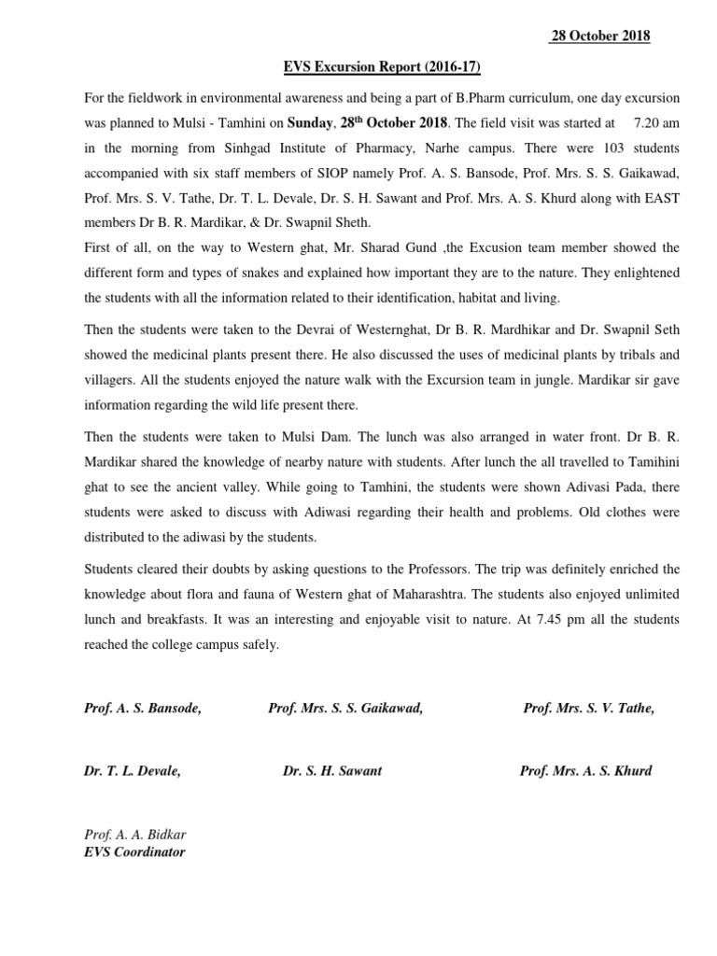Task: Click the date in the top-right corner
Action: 597,36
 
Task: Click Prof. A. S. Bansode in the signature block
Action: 143,709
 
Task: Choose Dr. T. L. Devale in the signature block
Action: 133,771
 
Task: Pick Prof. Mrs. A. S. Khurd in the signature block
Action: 585,771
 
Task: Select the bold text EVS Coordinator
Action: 134,851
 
